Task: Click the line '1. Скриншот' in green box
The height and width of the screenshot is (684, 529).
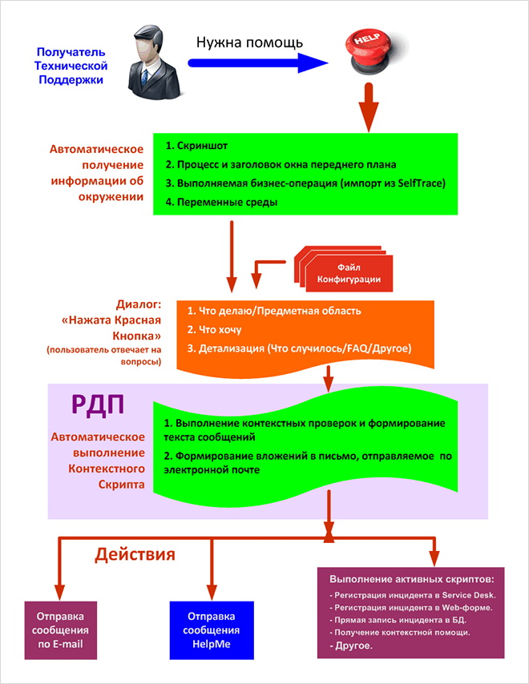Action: click(197, 147)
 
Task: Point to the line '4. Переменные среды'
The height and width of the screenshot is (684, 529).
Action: click(222, 202)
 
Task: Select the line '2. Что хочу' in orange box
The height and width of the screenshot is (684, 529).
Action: click(214, 329)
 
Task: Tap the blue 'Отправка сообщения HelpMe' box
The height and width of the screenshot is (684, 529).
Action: click(212, 630)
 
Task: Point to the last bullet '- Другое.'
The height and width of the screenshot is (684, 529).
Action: click(350, 646)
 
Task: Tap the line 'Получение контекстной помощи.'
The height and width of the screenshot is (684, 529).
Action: click(400, 633)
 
